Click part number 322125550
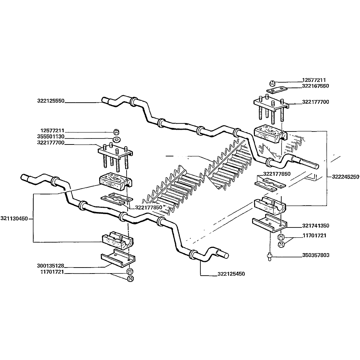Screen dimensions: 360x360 (51, 101)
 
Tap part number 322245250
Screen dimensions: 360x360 (345, 177)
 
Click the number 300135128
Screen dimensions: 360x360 (51, 266)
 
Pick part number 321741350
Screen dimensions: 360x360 (315, 226)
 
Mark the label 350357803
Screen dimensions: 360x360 (315, 255)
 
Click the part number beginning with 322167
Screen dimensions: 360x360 (315, 86)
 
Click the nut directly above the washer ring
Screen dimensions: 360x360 (116, 132)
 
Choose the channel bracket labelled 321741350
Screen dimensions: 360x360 (270, 223)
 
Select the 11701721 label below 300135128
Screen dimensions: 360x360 (51, 272)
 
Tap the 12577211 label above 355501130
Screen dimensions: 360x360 (52, 130)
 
